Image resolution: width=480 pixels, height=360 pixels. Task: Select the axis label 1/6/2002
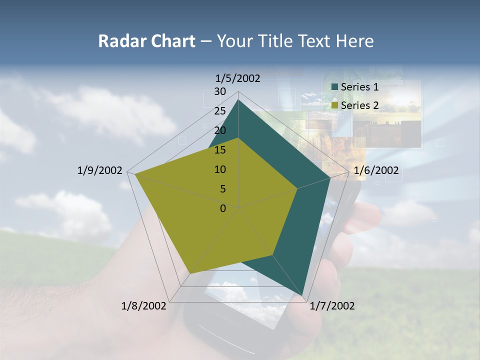coord(376,170)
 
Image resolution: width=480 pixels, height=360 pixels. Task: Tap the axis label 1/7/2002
coord(332,306)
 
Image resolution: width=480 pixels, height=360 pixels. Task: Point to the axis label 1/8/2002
coord(143,306)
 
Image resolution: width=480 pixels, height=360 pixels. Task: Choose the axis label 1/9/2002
coord(100,170)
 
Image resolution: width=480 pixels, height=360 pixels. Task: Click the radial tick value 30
coord(220,91)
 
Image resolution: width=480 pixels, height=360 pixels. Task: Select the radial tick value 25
coord(220,111)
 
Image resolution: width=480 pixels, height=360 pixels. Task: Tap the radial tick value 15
coord(220,150)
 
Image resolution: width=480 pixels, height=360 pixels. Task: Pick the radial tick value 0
coord(223,208)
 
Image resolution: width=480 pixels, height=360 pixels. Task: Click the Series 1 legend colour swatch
coord(335,87)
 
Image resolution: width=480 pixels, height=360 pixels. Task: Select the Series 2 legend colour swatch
coord(335,105)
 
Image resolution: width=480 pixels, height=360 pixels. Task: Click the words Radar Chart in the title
coord(146,41)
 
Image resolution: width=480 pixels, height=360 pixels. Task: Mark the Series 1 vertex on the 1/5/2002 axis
coord(238,100)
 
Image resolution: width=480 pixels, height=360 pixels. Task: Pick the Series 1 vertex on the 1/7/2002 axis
coord(302,295)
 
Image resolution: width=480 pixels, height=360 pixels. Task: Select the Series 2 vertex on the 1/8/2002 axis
coord(190,273)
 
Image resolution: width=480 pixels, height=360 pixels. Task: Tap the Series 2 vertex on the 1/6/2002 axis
coord(297,188)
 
